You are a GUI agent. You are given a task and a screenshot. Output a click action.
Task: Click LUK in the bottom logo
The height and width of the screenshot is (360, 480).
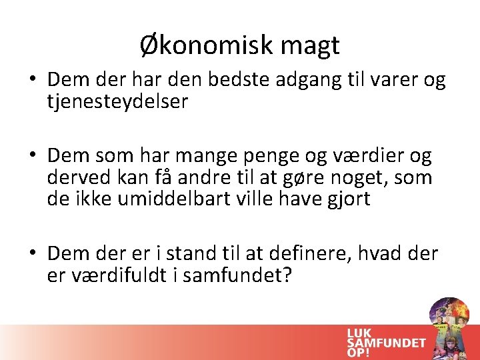359,333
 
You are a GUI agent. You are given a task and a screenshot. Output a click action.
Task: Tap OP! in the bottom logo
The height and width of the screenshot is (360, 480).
358,353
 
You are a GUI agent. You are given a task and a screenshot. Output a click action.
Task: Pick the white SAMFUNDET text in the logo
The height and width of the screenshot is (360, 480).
386,343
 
